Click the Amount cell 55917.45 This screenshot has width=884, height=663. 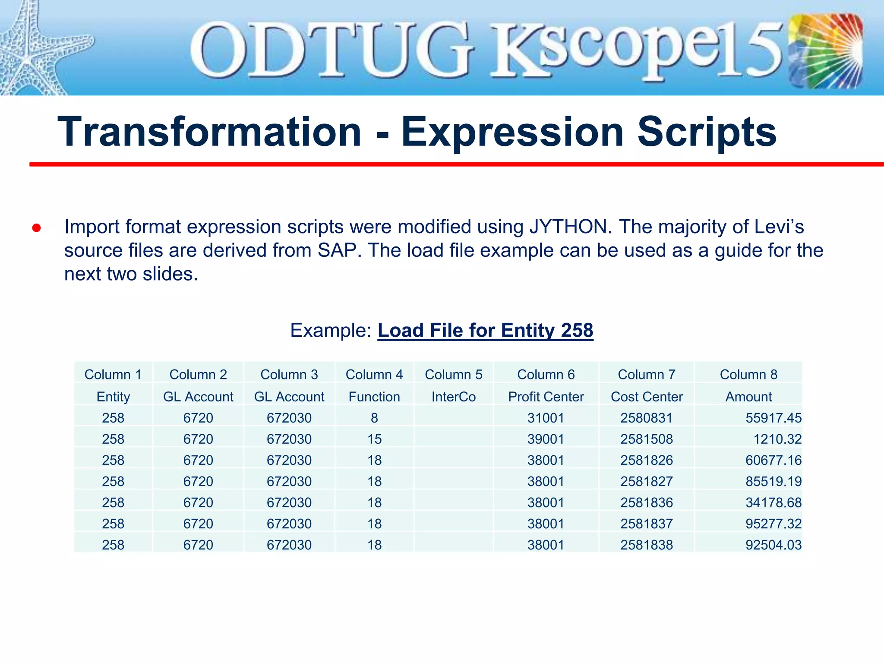pyautogui.click(x=773, y=418)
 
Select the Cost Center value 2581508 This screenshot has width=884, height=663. pyautogui.click(x=646, y=439)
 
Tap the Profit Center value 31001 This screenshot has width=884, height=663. pyautogui.click(x=546, y=418)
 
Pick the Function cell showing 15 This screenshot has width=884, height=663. pyautogui.click(x=374, y=439)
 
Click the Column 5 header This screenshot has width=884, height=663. pyautogui.click(x=453, y=374)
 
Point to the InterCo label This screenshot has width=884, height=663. pyautogui.click(x=453, y=397)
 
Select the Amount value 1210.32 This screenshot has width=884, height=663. pyautogui.click(x=777, y=439)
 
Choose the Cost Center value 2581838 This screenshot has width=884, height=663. pyautogui.click(x=646, y=545)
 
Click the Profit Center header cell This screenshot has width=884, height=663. pyautogui.click(x=546, y=397)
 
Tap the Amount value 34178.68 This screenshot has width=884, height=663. pyautogui.click(x=773, y=502)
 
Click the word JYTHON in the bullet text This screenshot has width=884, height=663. pyautogui.click(x=570, y=227)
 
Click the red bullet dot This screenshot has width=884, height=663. pyautogui.click(x=36, y=228)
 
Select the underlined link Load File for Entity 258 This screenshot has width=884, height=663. pyautogui.click(x=485, y=330)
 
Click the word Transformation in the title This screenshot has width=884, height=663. pyautogui.click(x=209, y=132)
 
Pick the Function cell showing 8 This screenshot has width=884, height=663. pyautogui.click(x=374, y=418)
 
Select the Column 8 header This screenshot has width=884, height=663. pyautogui.click(x=748, y=374)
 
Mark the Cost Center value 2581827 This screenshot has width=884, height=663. pyautogui.click(x=646, y=481)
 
